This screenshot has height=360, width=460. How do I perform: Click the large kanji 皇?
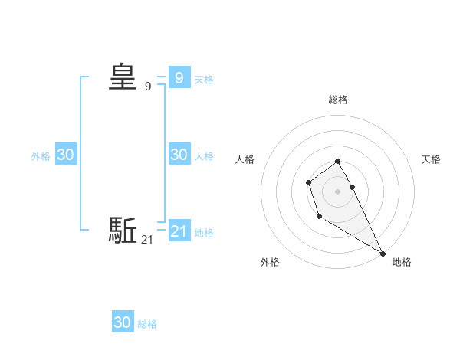[123, 77]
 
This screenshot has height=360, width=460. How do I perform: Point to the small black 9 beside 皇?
[147, 87]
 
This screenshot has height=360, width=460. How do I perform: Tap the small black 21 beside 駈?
[147, 240]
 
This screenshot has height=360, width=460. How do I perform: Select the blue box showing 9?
[179, 77]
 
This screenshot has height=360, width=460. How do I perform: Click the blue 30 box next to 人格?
[179, 154]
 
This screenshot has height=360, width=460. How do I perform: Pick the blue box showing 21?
[179, 231]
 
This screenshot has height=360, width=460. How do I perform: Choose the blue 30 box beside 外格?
[66, 154]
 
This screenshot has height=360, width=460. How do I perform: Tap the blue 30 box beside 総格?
[123, 322]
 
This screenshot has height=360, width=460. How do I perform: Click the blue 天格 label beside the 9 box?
[204, 79]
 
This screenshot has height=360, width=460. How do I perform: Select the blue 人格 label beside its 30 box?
[204, 155]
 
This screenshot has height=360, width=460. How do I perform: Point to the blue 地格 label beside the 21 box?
[204, 232]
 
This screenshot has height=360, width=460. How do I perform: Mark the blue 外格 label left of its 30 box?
[41, 155]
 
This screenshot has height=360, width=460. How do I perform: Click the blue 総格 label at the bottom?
[147, 324]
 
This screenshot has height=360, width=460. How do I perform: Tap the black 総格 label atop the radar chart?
[338, 100]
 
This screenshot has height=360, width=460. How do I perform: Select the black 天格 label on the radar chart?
[432, 159]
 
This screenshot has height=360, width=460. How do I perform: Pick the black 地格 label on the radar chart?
[402, 262]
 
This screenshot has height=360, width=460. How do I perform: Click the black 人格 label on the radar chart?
[245, 159]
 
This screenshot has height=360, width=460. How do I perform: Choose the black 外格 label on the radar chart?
[270, 262]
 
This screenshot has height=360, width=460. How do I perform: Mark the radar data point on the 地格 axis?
[383, 254]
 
